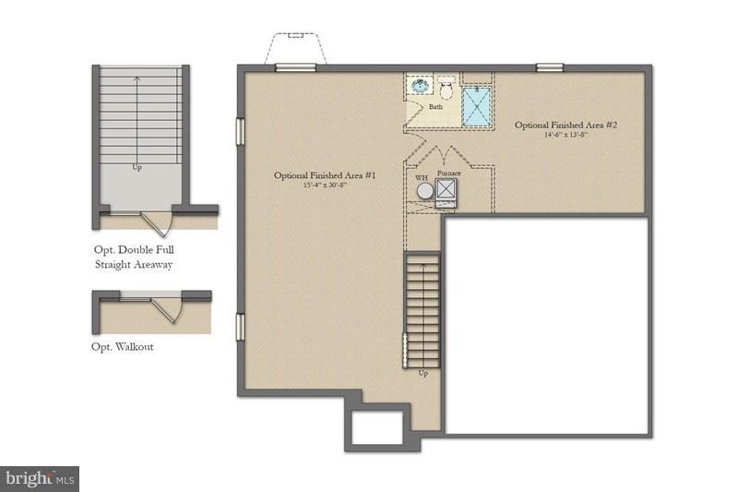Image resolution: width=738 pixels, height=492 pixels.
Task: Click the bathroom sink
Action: [x=421, y=87]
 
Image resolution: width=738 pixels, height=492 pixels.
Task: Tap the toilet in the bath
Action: [x=446, y=89]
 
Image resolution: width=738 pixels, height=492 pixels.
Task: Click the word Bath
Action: [x=435, y=107]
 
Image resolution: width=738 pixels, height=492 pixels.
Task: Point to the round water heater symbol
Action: [x=424, y=191]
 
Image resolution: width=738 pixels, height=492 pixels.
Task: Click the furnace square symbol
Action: [x=446, y=190]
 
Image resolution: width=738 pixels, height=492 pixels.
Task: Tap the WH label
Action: [x=421, y=177]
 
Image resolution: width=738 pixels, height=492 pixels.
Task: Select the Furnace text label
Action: [x=449, y=173]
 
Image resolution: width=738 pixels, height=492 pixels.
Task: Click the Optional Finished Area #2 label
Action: [x=565, y=125]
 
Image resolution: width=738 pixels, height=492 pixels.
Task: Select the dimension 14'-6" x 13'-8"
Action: [x=565, y=136]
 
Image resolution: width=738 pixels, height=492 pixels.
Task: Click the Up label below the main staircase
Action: [x=423, y=374]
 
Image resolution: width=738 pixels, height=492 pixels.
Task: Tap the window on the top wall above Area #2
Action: [x=550, y=66]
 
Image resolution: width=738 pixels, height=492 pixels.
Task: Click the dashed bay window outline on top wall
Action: [x=296, y=46]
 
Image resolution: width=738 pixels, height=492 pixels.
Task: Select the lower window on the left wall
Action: [x=240, y=327]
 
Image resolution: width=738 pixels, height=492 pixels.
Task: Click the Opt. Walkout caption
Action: [x=123, y=347]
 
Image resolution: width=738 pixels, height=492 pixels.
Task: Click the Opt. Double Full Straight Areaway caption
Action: [x=133, y=257]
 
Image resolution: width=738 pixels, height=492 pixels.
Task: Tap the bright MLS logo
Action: [x=40, y=478]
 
